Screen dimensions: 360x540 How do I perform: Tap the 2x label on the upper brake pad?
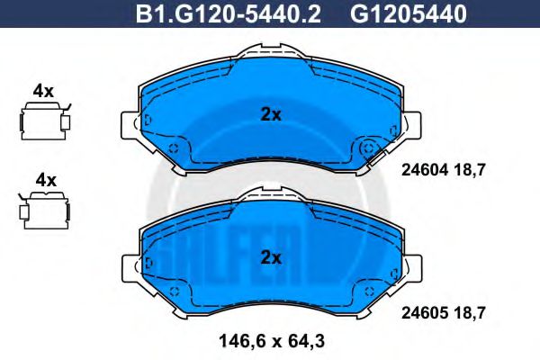[x=271, y=114]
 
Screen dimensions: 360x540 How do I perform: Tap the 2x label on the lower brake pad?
[x=271, y=257]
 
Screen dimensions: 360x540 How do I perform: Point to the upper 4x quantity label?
[x=44, y=90]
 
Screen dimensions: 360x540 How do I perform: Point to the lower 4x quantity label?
[x=44, y=180]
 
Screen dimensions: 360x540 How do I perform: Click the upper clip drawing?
[x=44, y=120]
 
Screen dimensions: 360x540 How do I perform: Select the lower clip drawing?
[x=44, y=208]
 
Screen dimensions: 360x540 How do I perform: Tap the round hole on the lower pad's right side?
[x=368, y=290]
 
